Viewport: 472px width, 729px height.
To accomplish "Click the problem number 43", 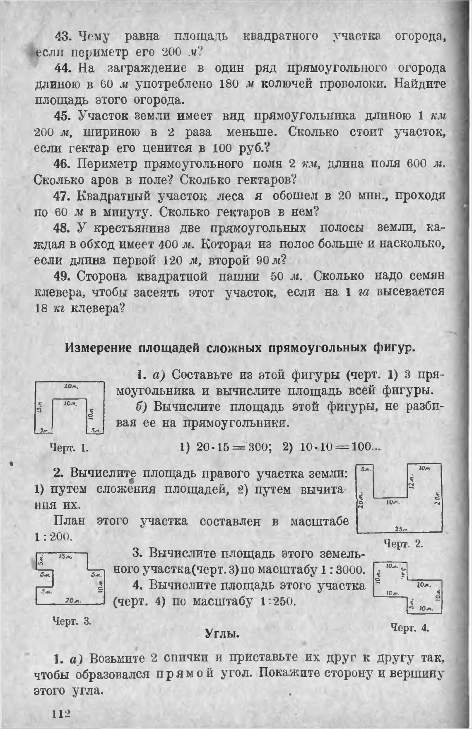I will click(63, 36).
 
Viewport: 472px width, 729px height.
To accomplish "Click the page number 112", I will click(62, 714).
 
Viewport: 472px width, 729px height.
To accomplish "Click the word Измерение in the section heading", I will click(96, 348).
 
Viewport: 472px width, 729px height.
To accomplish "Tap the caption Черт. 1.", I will click(69, 448).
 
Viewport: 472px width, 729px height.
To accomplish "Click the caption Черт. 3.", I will click(72, 621).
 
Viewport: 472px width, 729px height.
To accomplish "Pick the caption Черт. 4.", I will click(410, 627).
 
